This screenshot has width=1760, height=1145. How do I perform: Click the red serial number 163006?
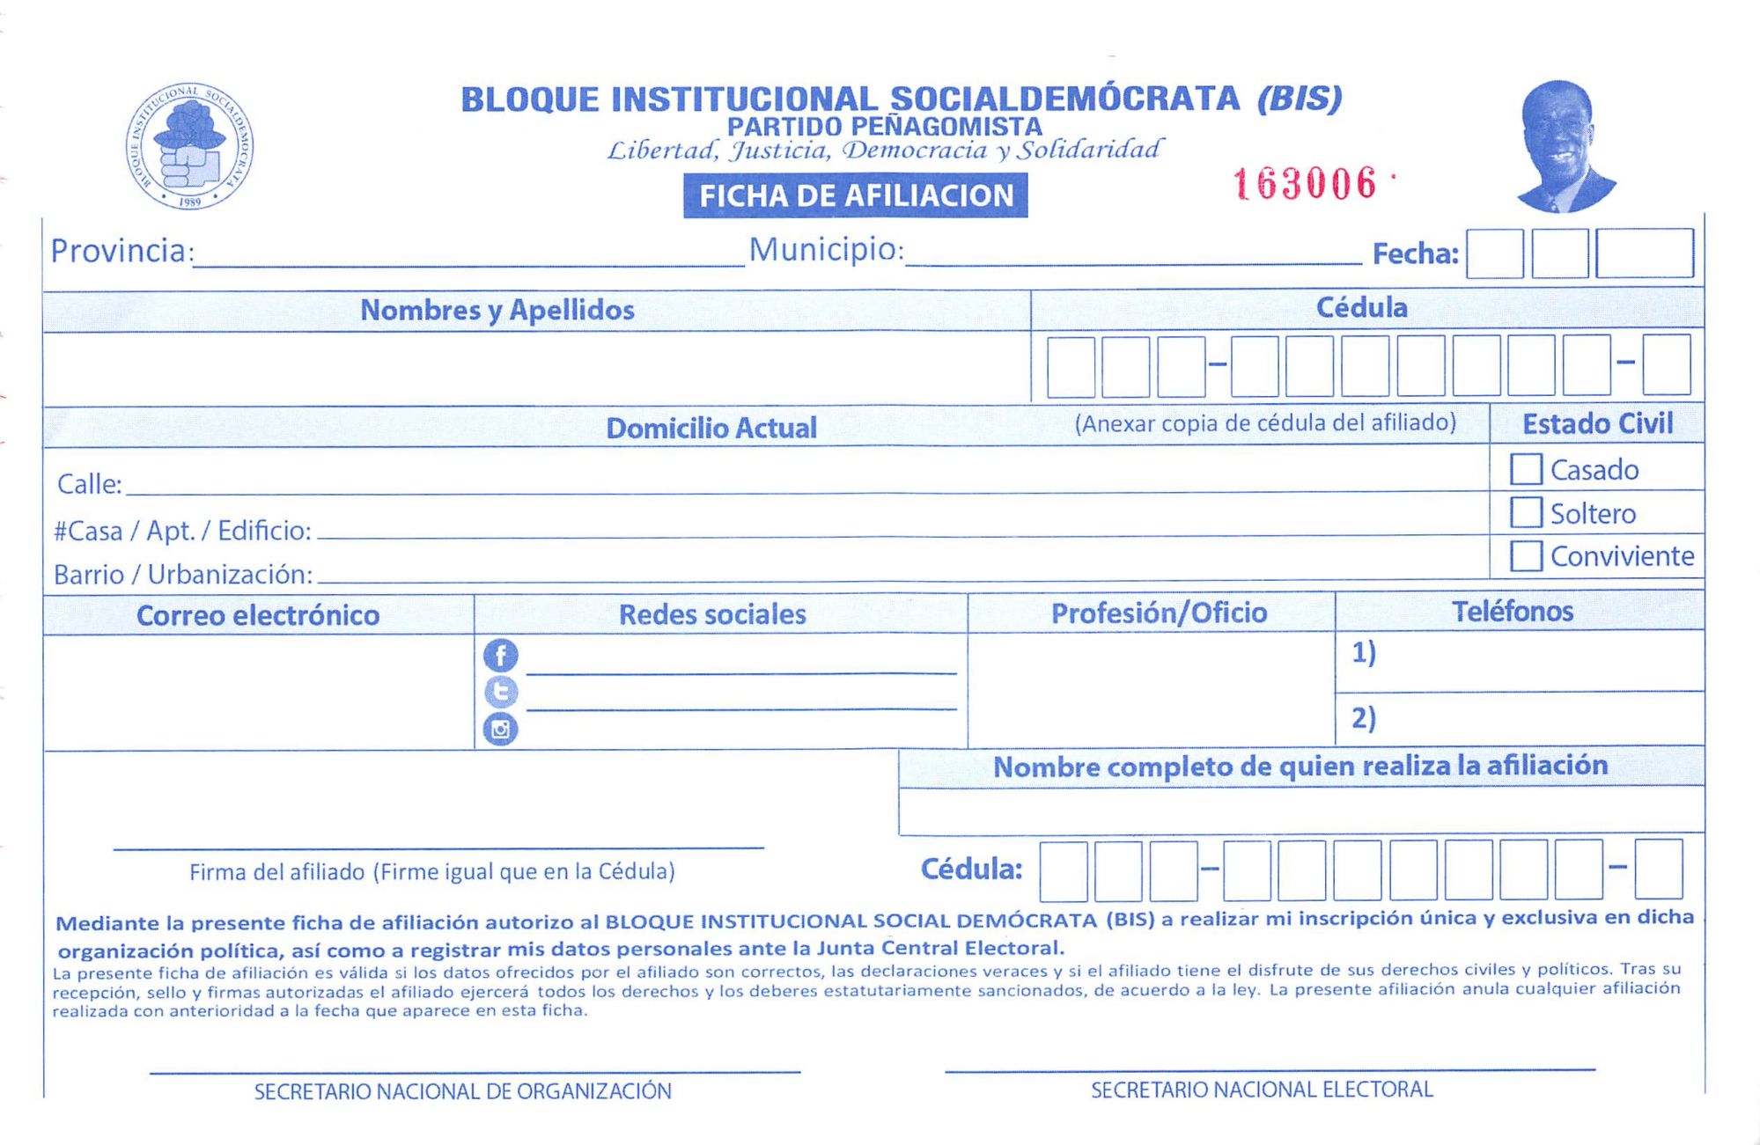(1304, 184)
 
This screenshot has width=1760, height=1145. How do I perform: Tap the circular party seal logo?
(189, 146)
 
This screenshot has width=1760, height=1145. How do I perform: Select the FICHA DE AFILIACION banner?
(855, 195)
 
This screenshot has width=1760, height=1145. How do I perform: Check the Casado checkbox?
(1526, 469)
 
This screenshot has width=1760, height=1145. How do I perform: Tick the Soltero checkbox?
(1526, 512)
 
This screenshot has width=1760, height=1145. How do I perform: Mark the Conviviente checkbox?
(1526, 555)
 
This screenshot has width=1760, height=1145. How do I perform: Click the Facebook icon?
(500, 656)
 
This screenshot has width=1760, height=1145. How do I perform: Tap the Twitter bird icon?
(500, 692)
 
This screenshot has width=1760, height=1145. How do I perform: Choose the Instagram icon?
(500, 729)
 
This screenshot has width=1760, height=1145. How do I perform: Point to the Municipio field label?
(826, 250)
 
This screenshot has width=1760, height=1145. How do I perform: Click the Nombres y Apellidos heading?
(497, 310)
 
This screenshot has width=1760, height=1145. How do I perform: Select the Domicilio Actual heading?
(711, 428)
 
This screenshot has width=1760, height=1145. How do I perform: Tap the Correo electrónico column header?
(258, 615)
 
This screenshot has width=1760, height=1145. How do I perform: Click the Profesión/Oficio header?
(1159, 613)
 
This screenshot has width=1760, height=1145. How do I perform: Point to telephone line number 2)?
(1363, 718)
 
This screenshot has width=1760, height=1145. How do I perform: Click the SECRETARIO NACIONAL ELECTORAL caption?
(1262, 1090)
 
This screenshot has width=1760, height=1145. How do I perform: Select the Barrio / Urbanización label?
(183, 575)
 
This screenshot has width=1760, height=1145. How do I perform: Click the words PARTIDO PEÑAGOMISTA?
(884, 127)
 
